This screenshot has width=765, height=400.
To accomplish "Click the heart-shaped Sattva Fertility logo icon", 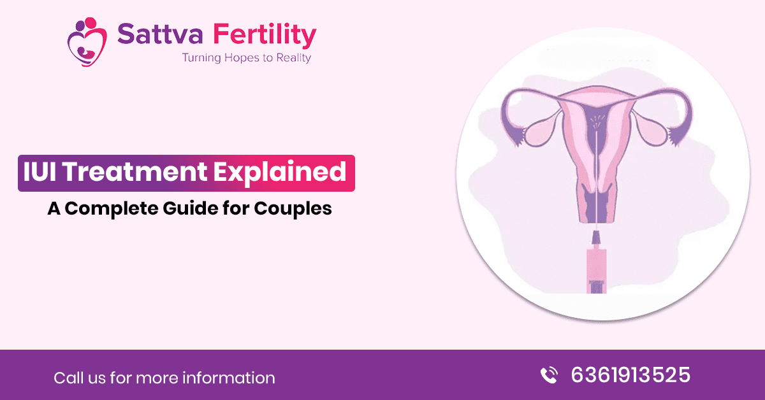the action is [87, 41].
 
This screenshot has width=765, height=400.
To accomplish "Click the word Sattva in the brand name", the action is [160, 34].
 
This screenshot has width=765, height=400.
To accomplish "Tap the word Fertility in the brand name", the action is [265, 36].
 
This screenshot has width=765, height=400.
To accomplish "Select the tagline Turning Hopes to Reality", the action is [247, 58].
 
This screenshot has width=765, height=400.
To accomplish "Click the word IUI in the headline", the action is [40, 171].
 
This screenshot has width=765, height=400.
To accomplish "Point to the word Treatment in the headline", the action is [135, 171].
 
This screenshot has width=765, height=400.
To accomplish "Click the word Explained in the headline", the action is [280, 173].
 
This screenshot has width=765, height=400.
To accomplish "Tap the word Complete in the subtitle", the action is [112, 208].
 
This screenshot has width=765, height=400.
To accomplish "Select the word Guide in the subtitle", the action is [191, 208].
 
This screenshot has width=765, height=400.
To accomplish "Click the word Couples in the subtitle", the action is [293, 208].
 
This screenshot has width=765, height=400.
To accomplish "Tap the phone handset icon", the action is [549, 375].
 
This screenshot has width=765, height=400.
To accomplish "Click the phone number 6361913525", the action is [630, 375].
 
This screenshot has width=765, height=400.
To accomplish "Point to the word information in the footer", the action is [228, 378].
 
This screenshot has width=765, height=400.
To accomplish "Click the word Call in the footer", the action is [68, 378].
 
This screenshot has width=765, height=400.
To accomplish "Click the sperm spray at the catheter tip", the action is [597, 121].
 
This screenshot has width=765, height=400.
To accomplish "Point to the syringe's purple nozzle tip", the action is [596, 237].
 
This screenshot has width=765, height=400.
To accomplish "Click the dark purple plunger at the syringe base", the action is [597, 287].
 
